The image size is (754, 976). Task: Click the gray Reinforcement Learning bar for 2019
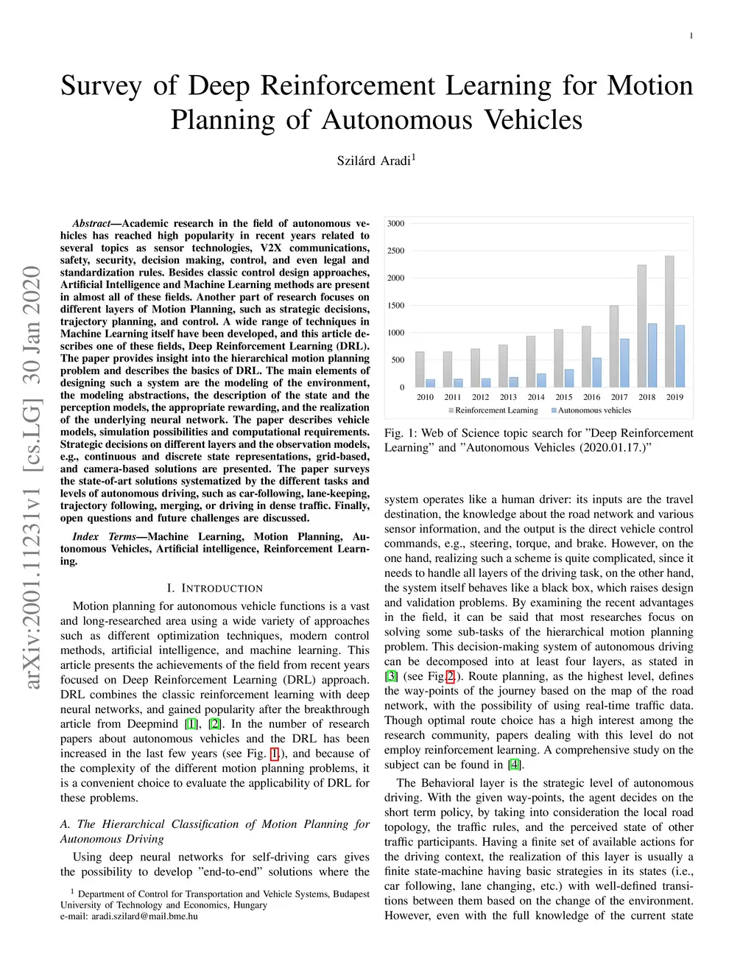tap(669, 321)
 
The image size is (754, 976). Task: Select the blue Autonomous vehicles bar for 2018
tap(652, 355)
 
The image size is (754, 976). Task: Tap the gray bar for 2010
tap(420, 369)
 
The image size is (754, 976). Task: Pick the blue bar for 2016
tap(597, 372)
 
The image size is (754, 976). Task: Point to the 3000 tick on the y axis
tap(396, 223)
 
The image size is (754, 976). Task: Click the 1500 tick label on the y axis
tap(396, 305)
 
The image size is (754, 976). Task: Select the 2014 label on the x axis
tap(536, 397)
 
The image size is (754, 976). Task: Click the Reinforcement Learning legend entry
tap(493, 410)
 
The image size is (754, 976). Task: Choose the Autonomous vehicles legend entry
tap(591, 410)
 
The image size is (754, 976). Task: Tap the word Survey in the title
tap(101, 86)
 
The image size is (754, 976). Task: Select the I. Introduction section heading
tap(214, 588)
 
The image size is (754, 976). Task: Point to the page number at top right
tap(691, 35)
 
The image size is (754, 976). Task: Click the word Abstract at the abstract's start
tap(91, 223)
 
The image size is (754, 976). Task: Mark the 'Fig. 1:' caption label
tap(399, 433)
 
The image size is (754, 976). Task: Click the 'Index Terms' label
tap(104, 536)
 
